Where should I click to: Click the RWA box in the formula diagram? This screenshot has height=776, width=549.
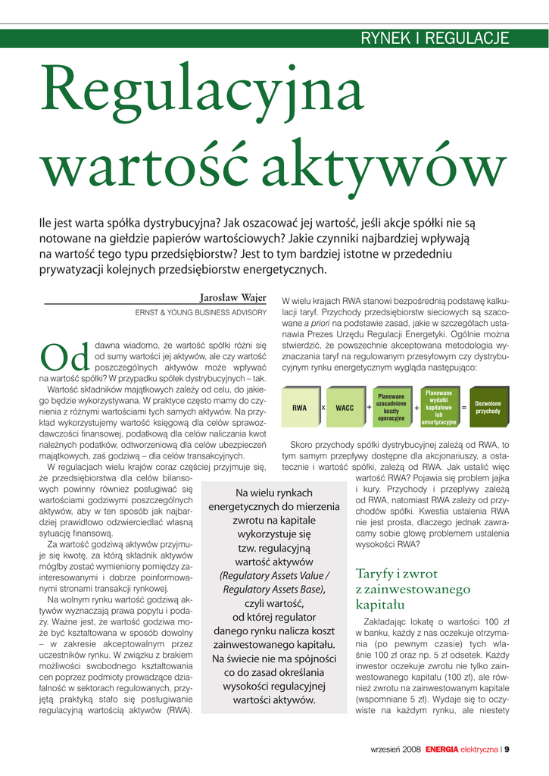pos(300,408)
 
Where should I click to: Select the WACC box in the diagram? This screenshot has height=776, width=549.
pos(345,408)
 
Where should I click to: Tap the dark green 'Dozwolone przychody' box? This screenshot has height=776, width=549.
pos(488,407)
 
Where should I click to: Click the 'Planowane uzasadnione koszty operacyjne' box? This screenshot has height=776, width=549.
pos(391,407)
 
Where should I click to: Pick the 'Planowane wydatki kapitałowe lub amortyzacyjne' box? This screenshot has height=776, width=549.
pos(438,407)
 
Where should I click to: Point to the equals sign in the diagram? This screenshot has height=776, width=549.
pos(463,408)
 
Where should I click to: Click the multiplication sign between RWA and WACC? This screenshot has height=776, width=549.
pos(323,408)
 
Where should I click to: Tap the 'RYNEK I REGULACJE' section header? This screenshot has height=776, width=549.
pos(435,39)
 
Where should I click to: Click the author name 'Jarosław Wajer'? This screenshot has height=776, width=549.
pos(232,298)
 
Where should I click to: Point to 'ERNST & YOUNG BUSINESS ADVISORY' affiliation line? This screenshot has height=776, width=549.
pos(201,312)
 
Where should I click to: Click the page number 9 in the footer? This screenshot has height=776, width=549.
pos(507,749)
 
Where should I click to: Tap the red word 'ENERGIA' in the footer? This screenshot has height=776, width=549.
pos(441,749)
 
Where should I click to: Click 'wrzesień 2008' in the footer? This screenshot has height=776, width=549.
pos(395,749)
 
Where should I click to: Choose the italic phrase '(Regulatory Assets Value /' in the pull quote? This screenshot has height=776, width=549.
pos(274,575)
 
